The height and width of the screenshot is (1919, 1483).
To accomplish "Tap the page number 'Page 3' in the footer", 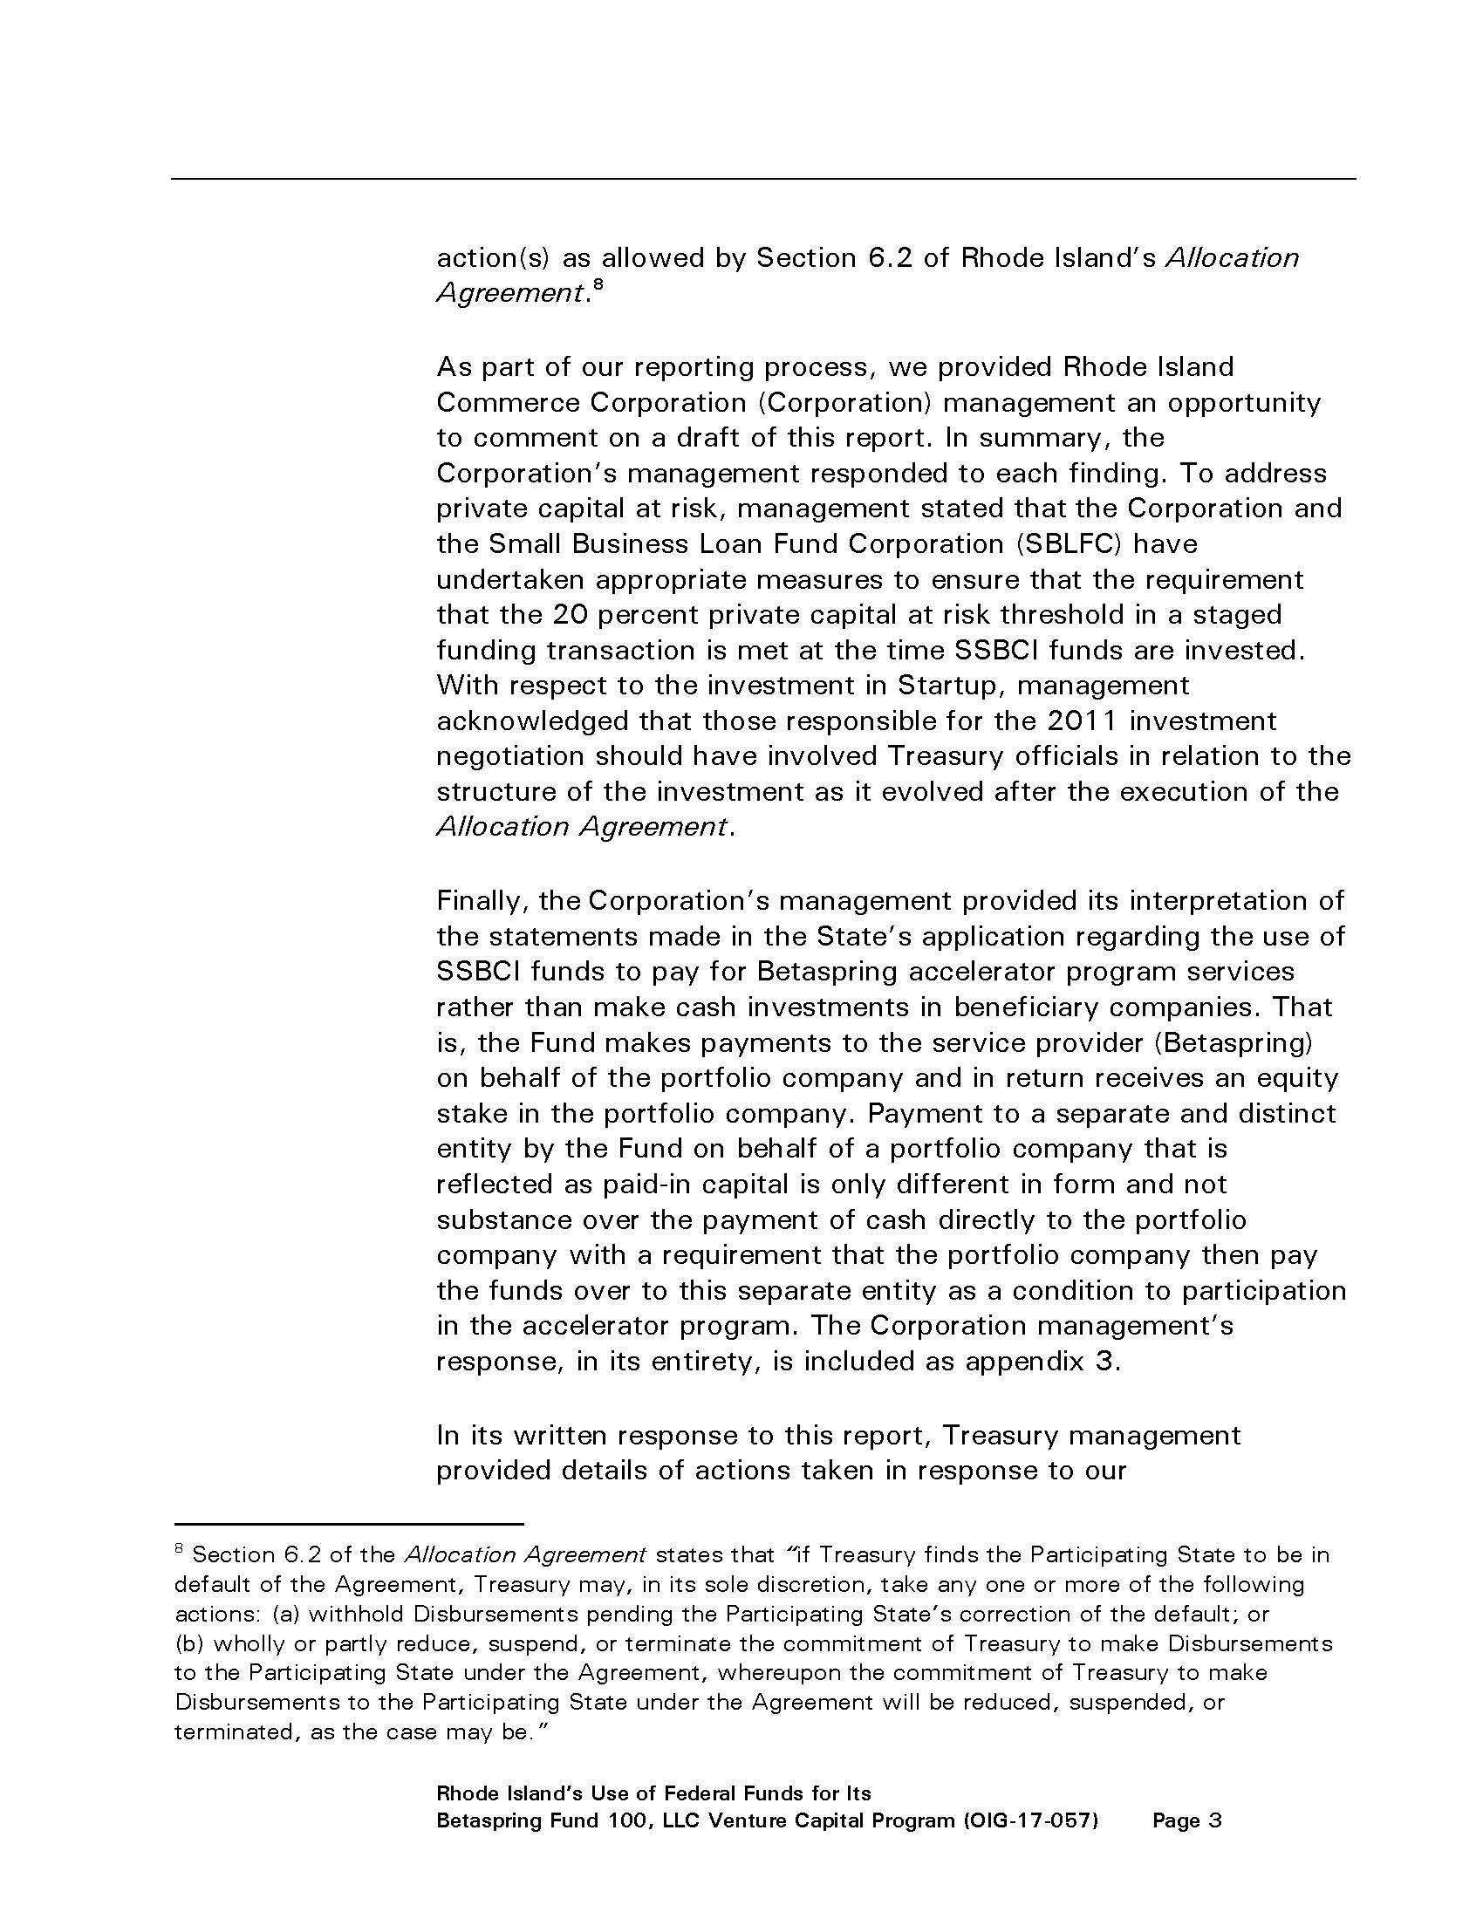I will click(1187, 1820).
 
